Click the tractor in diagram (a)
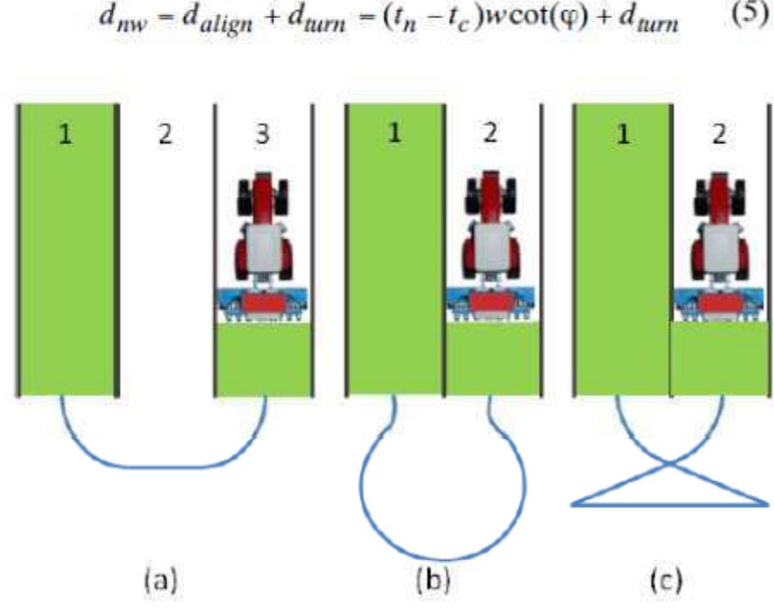[262, 233]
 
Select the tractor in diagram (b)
[494, 233]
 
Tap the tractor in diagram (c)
[718, 233]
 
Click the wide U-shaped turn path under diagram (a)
[164, 467]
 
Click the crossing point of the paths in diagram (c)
[669, 464]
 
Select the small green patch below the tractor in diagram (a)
[262, 358]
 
